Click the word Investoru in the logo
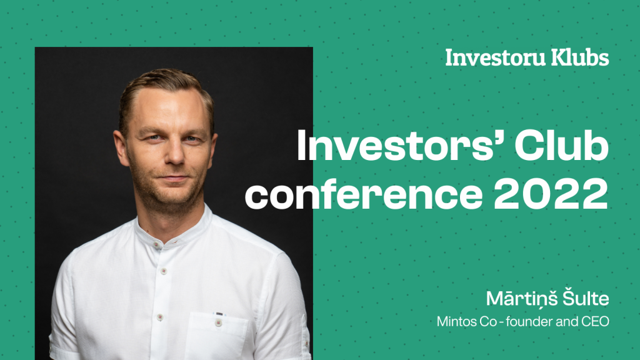495,57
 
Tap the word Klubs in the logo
580,57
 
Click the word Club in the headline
562,146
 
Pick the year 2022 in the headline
551,194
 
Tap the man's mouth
175,178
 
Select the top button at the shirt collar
157,244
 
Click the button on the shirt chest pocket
218,322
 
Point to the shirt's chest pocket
216,336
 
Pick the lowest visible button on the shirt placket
160,317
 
